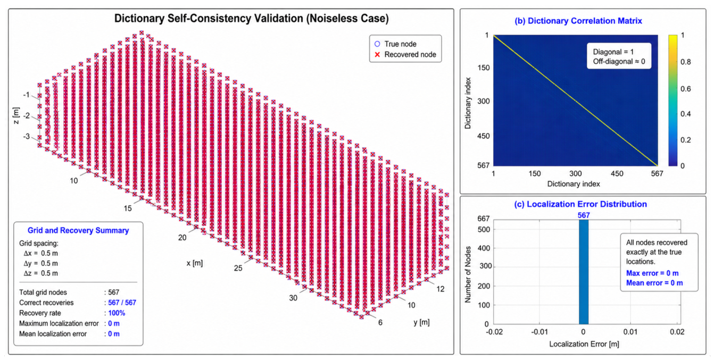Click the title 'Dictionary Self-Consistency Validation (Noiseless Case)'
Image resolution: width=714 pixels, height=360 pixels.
click(252, 19)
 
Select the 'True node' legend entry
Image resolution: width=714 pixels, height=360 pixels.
click(395, 44)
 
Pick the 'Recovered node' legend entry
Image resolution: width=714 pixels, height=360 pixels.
click(405, 54)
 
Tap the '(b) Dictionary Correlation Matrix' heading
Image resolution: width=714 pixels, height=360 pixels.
click(578, 21)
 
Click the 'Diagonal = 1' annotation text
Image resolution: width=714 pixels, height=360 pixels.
click(613, 52)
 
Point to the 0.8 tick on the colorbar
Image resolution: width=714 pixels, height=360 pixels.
click(686, 62)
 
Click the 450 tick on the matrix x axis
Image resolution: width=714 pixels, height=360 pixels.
click(617, 174)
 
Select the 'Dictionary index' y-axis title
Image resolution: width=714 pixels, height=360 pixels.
click(468, 103)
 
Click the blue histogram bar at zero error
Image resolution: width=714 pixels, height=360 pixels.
click(584, 272)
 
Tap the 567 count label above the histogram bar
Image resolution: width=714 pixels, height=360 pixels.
click(584, 215)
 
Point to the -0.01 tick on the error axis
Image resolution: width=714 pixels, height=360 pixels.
click(539, 332)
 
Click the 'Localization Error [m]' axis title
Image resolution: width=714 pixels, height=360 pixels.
click(584, 344)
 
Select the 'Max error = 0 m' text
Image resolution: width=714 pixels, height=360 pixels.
click(652, 273)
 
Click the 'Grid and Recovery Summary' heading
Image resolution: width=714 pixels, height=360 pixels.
click(78, 230)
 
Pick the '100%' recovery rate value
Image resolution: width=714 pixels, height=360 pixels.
click(117, 313)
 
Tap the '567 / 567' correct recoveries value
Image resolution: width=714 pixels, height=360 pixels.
click(122, 303)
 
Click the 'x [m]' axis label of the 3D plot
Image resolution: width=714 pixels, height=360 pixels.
click(195, 263)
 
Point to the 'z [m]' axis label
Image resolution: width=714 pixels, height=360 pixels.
click(16, 115)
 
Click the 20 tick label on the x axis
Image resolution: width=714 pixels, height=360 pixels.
click(182, 238)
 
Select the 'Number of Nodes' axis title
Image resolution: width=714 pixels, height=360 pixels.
click(468, 274)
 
